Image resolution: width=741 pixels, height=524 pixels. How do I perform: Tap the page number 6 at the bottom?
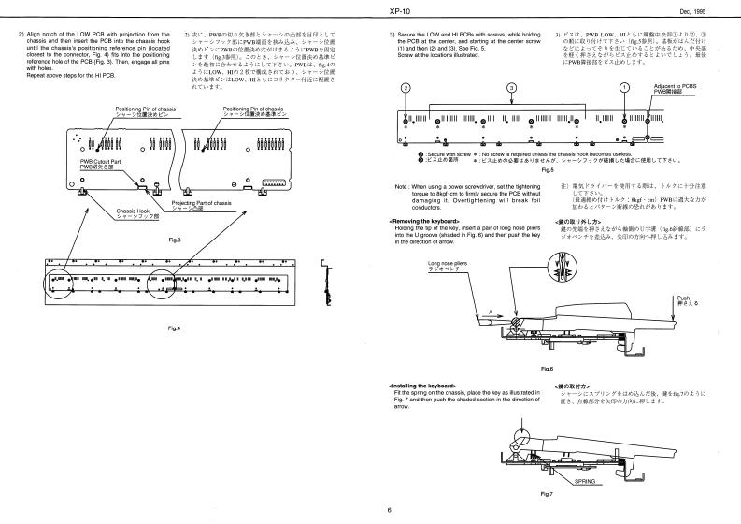(388, 510)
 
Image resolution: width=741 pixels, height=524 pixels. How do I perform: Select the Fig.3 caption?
(174, 240)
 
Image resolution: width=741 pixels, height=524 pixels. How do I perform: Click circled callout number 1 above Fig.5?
(624, 87)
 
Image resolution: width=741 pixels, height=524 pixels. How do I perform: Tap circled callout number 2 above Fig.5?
(406, 87)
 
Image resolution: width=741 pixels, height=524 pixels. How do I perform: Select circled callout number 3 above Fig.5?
(512, 87)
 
